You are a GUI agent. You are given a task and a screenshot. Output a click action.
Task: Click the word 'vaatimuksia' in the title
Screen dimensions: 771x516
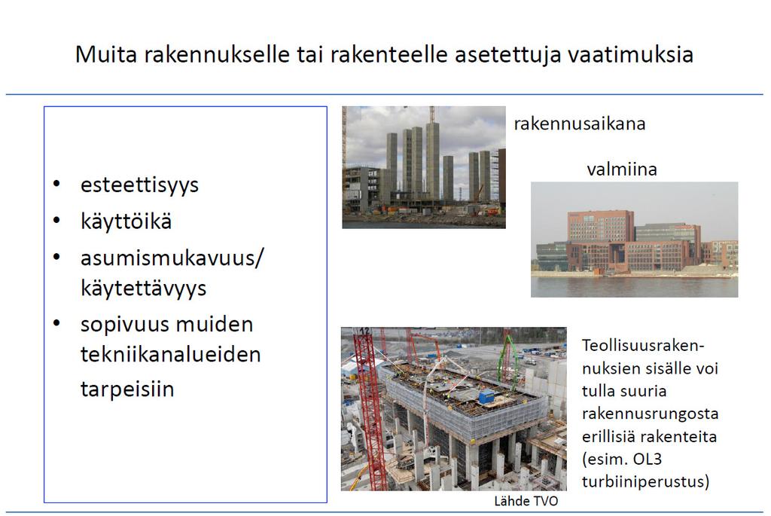point(630,54)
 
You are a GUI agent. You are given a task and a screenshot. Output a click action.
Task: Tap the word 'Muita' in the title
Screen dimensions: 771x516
point(105,54)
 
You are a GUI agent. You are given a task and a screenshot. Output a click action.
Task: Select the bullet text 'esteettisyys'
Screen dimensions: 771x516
point(139,185)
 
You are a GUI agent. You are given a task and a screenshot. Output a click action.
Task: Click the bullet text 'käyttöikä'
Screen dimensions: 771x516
point(126,221)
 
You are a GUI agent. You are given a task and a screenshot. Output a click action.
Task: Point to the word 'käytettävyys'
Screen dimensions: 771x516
point(144,289)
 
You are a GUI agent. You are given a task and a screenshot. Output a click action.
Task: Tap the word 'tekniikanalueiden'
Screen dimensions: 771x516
point(171,354)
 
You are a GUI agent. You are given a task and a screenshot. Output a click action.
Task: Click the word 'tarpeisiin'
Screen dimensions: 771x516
point(127,389)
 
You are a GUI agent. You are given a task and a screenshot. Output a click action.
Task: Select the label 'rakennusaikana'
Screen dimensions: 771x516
point(580,124)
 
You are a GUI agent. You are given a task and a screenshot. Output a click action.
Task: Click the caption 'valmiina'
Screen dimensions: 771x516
point(622,169)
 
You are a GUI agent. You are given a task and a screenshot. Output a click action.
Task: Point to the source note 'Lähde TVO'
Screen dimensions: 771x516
point(526,501)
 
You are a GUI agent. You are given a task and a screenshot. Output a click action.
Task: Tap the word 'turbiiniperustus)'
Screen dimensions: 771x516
point(645,481)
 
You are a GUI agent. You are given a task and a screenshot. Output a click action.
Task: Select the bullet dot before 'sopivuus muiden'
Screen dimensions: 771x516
point(56,324)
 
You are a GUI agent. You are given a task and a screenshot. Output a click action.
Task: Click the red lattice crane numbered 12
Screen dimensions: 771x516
point(370,408)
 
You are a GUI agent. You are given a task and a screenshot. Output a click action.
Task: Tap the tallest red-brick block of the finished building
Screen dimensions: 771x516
point(600,226)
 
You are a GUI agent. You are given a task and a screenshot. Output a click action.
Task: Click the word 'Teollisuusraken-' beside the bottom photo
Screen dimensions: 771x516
point(643,345)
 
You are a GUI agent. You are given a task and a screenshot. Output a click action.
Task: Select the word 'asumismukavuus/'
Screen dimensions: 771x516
point(172,258)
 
